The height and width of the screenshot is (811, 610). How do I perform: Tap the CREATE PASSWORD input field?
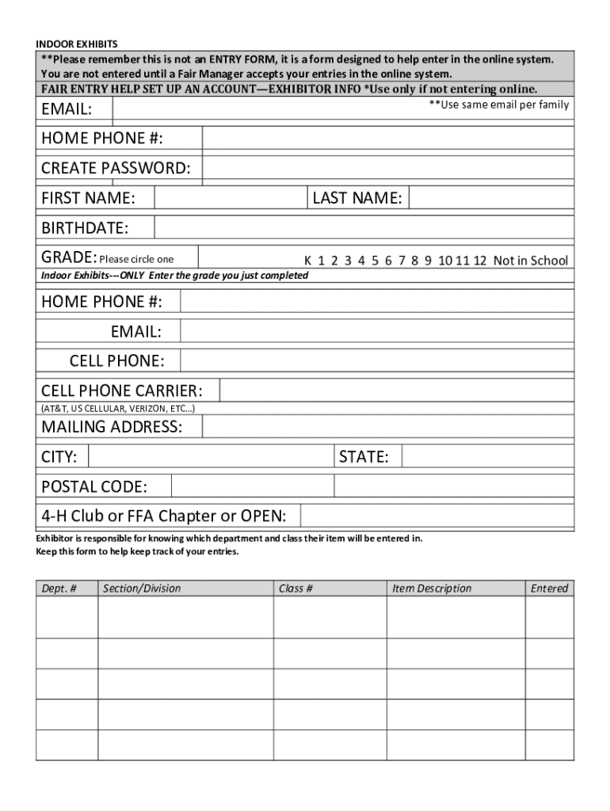click(x=388, y=168)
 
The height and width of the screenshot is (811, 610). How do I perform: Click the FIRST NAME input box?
click(x=231, y=198)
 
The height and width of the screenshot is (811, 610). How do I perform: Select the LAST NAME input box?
click(x=491, y=198)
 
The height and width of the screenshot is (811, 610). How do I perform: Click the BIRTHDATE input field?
click(x=364, y=228)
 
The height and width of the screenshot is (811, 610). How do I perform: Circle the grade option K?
click(x=308, y=261)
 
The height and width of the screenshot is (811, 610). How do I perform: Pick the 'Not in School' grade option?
click(x=530, y=261)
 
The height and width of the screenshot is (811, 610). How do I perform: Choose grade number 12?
click(x=480, y=261)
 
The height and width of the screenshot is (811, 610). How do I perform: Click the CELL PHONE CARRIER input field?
click(x=396, y=391)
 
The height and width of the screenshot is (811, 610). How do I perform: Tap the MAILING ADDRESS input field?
click(x=388, y=428)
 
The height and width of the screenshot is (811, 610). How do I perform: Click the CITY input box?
click(x=210, y=457)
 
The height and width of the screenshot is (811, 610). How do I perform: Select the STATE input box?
click(x=487, y=457)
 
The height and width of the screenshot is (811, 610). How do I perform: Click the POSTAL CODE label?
click(x=94, y=486)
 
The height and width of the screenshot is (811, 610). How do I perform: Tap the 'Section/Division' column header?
click(x=142, y=588)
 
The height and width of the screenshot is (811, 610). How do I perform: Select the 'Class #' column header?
click(x=295, y=588)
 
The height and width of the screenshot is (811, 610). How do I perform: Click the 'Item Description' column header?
click(x=432, y=588)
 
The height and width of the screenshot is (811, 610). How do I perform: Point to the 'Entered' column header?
click(x=550, y=588)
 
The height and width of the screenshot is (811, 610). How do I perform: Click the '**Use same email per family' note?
click(x=498, y=105)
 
